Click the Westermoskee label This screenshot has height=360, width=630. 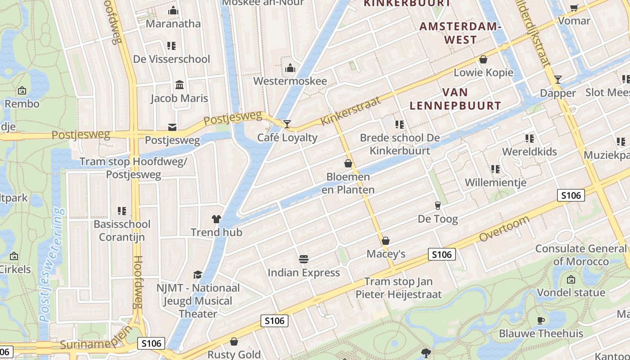pyautogui.click(x=290, y=81)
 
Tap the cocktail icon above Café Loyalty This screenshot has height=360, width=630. pyautogui.click(x=287, y=124)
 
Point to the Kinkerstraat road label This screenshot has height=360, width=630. pyautogui.click(x=351, y=111)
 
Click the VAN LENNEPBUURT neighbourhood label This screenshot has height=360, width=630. pyautogui.click(x=455, y=99)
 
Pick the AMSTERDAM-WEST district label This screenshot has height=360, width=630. pyautogui.click(x=460, y=33)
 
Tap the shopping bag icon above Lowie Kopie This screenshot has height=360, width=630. pyautogui.click(x=483, y=59)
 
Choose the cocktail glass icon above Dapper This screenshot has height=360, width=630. pyautogui.click(x=558, y=80)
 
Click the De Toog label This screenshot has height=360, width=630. pyautogui.click(x=438, y=219)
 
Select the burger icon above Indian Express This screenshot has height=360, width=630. pyautogui.click(x=304, y=259)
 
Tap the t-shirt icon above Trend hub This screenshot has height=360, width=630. pyautogui.click(x=216, y=219)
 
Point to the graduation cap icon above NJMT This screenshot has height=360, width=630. pyautogui.click(x=198, y=274)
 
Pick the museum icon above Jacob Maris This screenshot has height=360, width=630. pyautogui.click(x=180, y=85)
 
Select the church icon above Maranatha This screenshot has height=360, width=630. pyautogui.click(x=173, y=11)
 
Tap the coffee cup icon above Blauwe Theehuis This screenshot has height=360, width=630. pyautogui.click(x=541, y=320)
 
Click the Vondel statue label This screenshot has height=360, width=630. pyautogui.click(x=571, y=292)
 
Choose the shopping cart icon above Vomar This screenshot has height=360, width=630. pyautogui.click(x=574, y=8)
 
